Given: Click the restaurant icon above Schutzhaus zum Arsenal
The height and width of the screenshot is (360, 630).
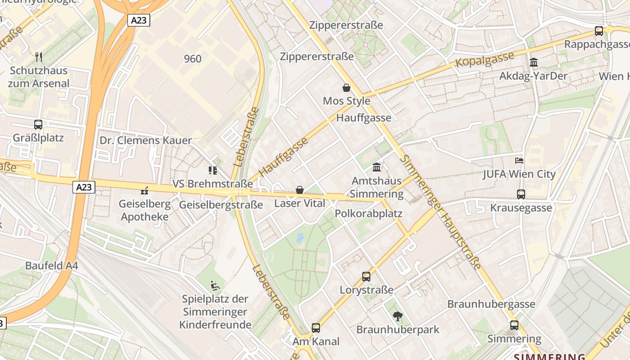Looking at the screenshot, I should (39, 57).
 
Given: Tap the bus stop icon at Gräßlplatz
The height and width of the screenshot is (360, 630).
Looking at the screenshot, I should (38, 124).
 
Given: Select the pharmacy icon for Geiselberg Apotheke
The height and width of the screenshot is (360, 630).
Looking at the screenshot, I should (144, 190).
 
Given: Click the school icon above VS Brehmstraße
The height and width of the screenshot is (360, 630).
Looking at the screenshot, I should (213, 170).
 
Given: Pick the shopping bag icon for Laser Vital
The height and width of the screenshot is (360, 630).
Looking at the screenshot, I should (300, 190).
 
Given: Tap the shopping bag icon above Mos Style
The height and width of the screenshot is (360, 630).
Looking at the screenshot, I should (346, 87).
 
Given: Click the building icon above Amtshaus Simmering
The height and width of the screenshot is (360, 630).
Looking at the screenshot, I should (377, 167).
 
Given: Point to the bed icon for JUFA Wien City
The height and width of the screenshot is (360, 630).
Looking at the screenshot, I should (519, 160).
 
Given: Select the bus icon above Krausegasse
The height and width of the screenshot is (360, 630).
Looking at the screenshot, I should (521, 194).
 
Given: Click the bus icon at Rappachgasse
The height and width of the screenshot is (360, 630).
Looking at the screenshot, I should (599, 31).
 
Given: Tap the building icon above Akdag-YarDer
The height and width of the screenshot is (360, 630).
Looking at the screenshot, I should (534, 62).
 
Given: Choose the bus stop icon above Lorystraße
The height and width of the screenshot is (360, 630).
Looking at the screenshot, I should (366, 276).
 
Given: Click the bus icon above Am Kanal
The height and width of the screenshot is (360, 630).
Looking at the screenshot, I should (316, 328).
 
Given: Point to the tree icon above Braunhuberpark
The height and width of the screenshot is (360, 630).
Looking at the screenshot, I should (397, 316).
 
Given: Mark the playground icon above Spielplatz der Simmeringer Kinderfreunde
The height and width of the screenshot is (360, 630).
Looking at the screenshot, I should (215, 285).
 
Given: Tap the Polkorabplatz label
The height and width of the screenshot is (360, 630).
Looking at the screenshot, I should (369, 213).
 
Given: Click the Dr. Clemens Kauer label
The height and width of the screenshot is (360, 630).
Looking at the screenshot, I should (145, 140).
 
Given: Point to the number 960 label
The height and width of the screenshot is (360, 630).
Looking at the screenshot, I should (193, 58).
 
